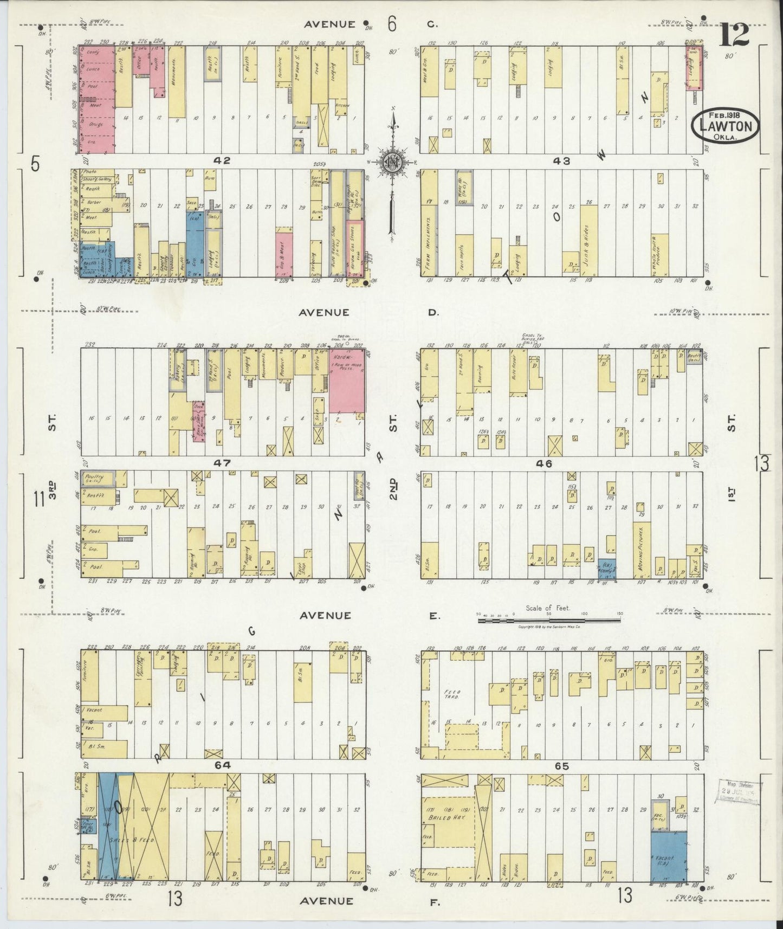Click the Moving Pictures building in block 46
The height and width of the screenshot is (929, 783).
(x=642, y=550)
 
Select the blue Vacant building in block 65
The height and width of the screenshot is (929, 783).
(x=669, y=855)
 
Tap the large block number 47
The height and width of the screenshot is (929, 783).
(x=222, y=463)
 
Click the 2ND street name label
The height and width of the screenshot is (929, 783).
(x=394, y=488)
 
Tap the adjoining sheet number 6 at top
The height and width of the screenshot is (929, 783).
(x=392, y=24)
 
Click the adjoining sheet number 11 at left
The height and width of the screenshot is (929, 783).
(x=38, y=498)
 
